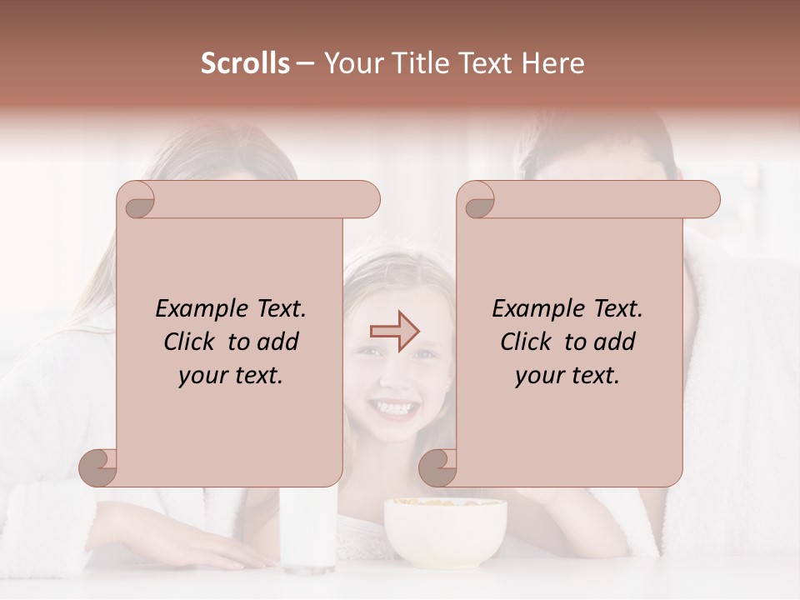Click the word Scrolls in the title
coord(245,63)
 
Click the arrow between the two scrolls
coord(395,332)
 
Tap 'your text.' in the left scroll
coord(230,375)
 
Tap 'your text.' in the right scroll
coord(567,375)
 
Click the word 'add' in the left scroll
coord(277,342)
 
